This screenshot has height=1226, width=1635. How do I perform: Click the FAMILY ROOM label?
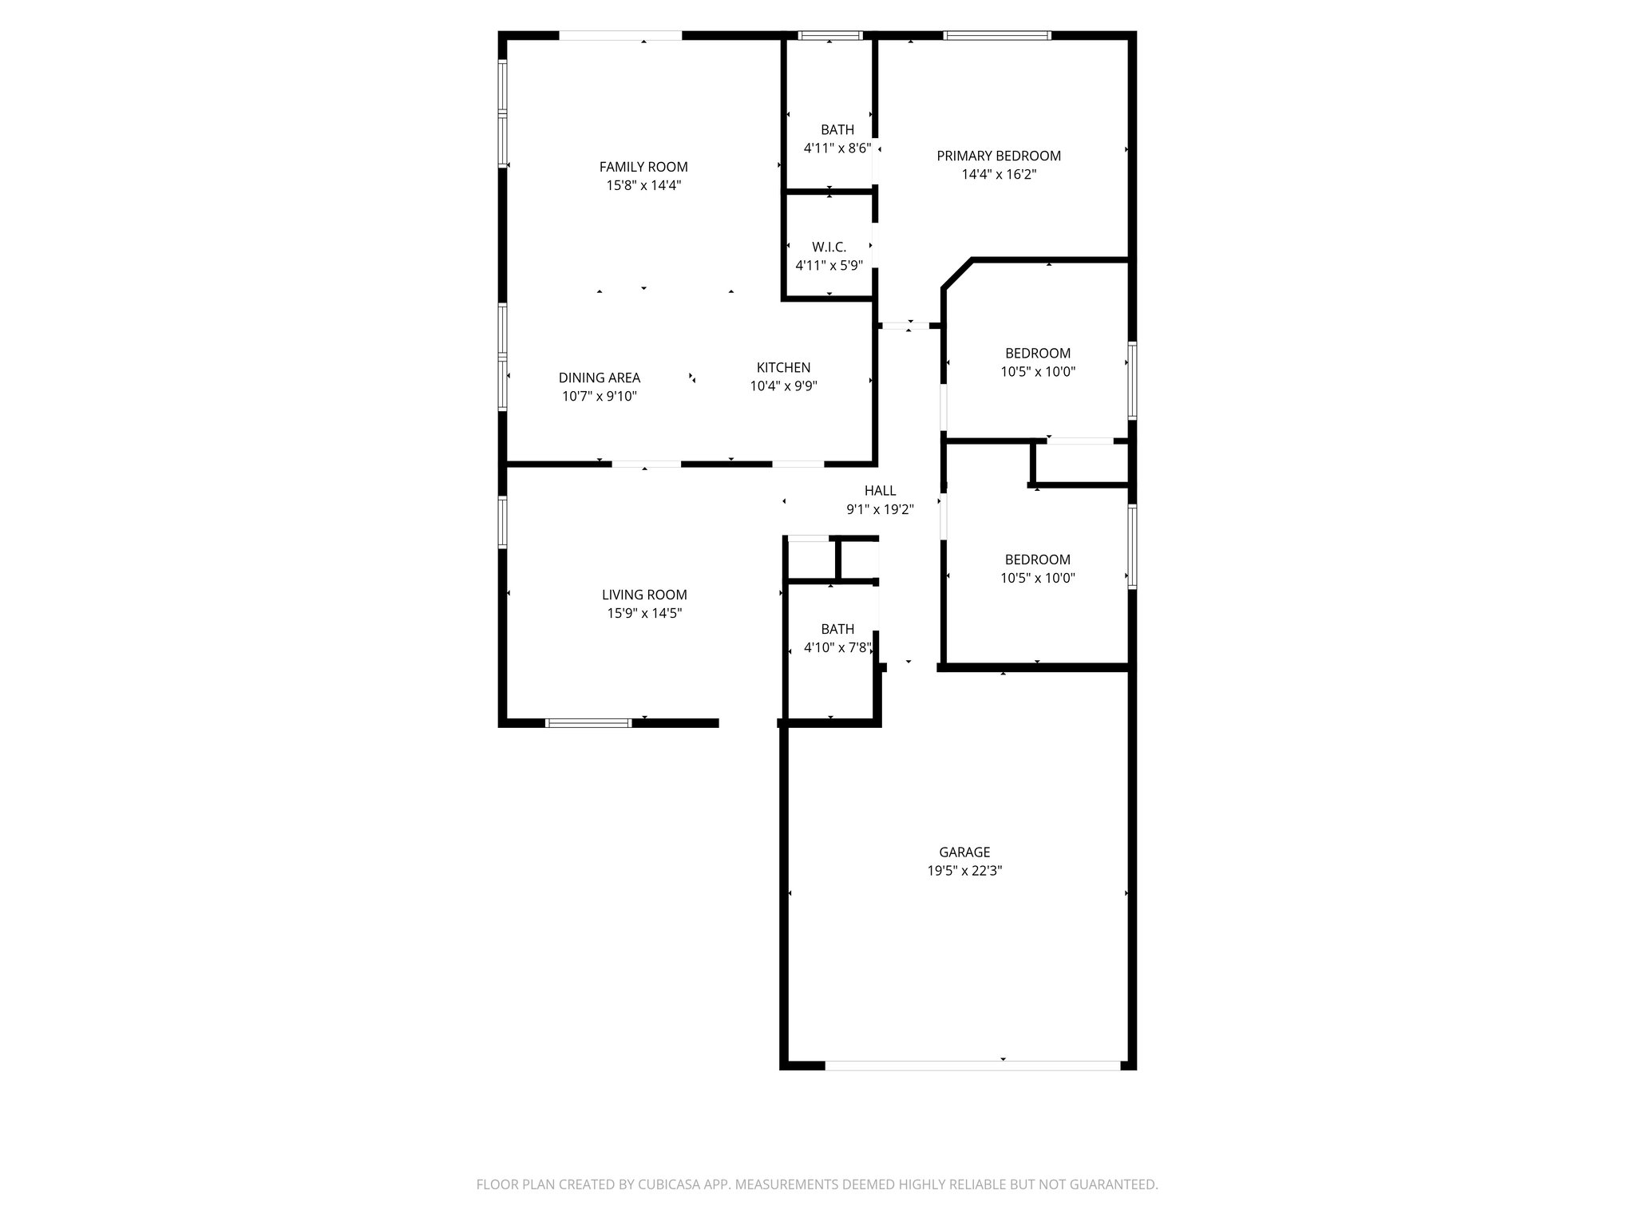click(643, 167)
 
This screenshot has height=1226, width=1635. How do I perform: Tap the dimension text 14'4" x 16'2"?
click(999, 175)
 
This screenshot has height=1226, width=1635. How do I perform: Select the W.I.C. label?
click(829, 247)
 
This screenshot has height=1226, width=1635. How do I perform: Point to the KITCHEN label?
click(783, 367)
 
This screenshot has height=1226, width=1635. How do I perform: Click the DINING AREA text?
click(599, 378)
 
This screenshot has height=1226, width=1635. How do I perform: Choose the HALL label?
click(880, 491)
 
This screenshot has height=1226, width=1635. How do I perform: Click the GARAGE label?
click(964, 852)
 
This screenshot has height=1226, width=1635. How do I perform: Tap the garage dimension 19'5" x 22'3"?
click(964, 871)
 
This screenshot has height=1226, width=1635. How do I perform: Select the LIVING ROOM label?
click(644, 595)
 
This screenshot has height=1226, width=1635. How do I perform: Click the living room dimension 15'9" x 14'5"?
click(644, 613)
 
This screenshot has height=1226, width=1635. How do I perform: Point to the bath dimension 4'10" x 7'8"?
click(837, 648)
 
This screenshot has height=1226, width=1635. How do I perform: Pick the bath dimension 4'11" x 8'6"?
click(837, 148)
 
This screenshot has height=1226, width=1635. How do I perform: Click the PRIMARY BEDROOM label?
click(999, 156)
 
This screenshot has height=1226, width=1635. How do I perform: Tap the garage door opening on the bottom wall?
click(972, 1066)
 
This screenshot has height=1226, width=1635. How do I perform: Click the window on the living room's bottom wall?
click(588, 723)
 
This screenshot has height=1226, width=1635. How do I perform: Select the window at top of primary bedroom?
click(996, 35)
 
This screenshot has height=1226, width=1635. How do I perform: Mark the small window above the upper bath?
click(831, 35)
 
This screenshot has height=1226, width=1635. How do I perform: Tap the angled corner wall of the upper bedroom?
click(957, 274)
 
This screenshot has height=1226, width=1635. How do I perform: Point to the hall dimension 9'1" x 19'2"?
click(880, 509)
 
